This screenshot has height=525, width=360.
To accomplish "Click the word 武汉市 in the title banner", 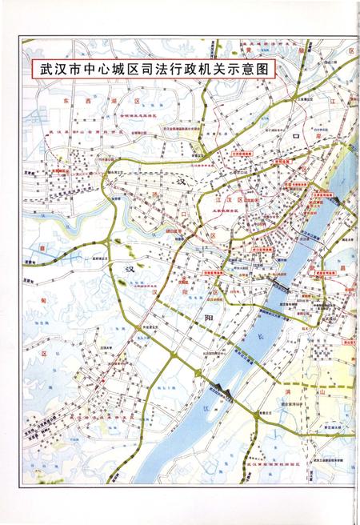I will (x=58, y=70).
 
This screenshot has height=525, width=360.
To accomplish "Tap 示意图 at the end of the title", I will (x=253, y=70).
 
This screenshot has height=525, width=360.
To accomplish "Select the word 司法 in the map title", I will (x=166, y=70).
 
